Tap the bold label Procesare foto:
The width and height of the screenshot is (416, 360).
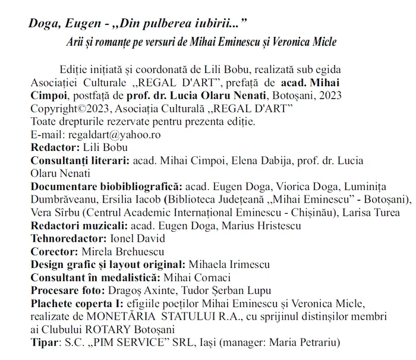tap(67, 290)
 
